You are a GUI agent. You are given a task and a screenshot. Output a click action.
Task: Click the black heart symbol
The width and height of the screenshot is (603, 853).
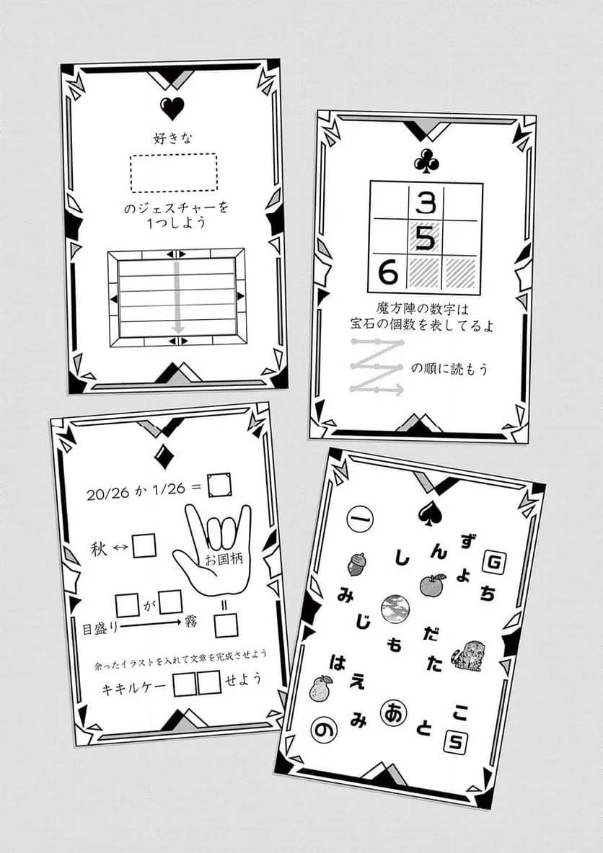pos(172,108)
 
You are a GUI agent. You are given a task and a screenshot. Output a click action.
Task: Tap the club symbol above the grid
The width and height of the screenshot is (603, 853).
pos(424,161)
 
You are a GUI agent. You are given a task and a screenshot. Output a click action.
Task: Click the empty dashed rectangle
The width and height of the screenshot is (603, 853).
pos(174,172)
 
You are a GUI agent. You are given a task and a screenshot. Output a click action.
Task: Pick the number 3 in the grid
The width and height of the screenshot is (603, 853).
pos(426,203)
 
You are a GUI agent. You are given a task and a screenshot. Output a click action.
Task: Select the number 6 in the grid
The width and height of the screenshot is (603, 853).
pos(388,271)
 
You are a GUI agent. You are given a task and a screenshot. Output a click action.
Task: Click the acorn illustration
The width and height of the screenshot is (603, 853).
pos(356,564)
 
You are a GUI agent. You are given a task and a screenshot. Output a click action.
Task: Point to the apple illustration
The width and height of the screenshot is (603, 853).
pos(433,584)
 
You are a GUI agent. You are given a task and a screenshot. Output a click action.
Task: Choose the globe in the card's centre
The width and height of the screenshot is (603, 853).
pos(395,608)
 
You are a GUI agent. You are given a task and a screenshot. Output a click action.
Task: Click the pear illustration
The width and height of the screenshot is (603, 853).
pos(320,689)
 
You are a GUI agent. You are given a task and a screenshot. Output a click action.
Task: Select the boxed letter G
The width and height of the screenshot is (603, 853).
pos(494,563)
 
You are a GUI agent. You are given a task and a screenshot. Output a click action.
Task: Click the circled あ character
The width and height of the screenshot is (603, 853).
pos(394,713)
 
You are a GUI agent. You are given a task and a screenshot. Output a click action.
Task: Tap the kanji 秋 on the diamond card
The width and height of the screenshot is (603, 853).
pos(99,549)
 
